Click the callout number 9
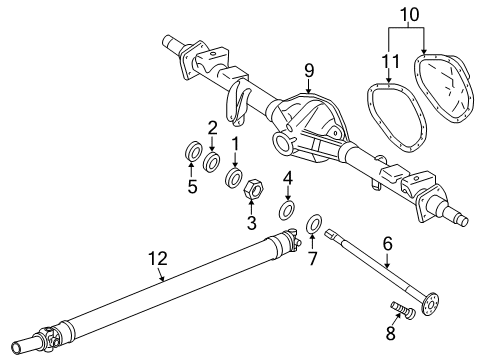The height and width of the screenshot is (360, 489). pos(309,69)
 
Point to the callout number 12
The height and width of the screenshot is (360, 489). pos(156,259)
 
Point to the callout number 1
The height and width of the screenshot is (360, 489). pos(235,143)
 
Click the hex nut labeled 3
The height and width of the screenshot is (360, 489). pos(254,188)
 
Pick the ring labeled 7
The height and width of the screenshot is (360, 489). pos(312,224)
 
